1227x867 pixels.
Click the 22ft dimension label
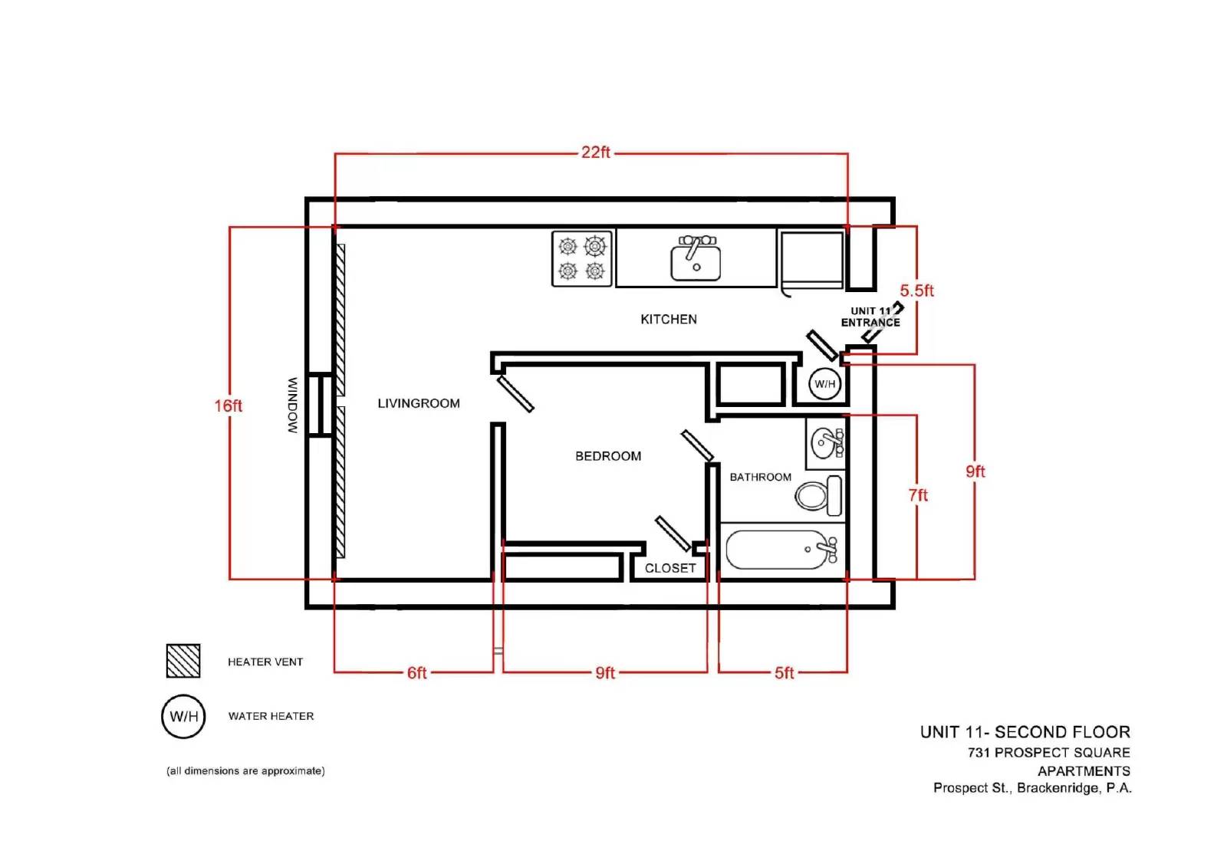coord(595,153)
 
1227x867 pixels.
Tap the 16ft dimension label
coord(228,406)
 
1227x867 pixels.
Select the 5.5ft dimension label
coord(917,291)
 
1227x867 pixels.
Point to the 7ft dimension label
coord(918,495)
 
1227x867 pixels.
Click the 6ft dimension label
coord(416,672)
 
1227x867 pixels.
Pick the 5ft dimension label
coord(784,672)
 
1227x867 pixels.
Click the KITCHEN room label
coord(669,320)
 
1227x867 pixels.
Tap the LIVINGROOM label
coord(419,403)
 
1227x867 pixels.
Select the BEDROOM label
coord(608,455)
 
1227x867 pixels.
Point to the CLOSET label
coord(670,568)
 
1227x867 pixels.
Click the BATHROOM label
coord(760,477)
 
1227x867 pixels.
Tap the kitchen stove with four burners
coord(582,258)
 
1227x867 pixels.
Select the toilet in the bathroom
coord(818,496)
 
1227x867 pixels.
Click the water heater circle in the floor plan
coord(825,383)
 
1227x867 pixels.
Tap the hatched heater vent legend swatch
coord(183,661)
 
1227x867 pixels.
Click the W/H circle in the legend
coord(183,717)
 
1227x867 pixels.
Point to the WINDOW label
coord(293,406)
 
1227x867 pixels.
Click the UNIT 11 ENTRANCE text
coord(870,317)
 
